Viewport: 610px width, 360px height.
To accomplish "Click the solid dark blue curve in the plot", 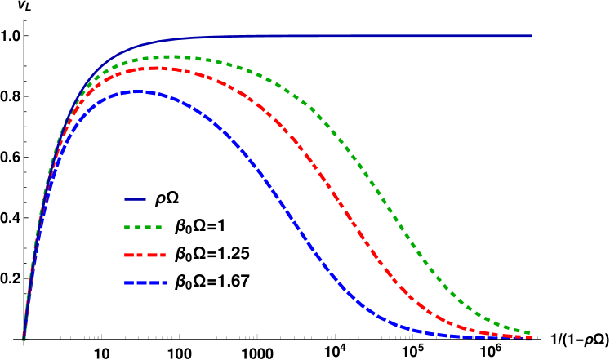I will (327, 35).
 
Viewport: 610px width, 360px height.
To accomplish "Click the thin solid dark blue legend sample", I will (135, 199).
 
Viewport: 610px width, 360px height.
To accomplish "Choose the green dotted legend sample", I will (143, 227).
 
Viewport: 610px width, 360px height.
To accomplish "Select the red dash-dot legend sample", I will (145, 255).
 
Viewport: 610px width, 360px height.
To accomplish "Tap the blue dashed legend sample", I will (145, 282).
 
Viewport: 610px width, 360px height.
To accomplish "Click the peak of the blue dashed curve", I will (139, 91).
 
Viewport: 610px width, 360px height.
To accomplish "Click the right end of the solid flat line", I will (532, 35).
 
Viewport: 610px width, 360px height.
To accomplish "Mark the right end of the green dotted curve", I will (530, 332).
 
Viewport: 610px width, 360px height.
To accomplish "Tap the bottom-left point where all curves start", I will (23, 338).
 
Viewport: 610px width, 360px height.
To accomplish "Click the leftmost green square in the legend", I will (127, 227).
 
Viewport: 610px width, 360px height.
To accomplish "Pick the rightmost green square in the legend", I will (158, 227).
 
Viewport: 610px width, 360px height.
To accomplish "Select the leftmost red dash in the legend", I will (129, 255).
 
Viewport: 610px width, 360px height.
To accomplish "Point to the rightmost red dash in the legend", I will (162, 255).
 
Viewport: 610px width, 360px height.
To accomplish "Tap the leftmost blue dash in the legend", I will (129, 282).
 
